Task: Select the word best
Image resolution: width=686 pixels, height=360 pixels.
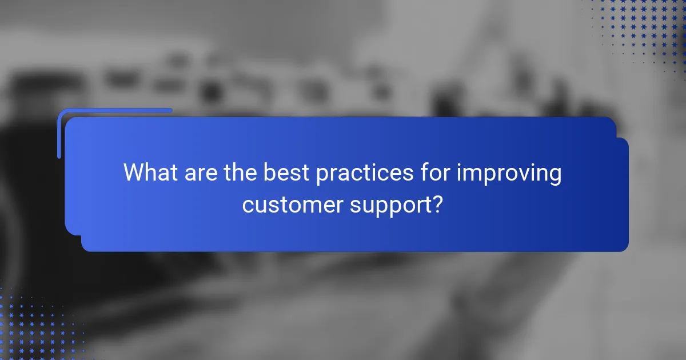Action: click(x=288, y=173)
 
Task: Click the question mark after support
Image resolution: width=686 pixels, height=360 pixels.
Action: click(x=437, y=203)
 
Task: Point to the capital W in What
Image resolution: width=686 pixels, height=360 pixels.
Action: click(x=135, y=173)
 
